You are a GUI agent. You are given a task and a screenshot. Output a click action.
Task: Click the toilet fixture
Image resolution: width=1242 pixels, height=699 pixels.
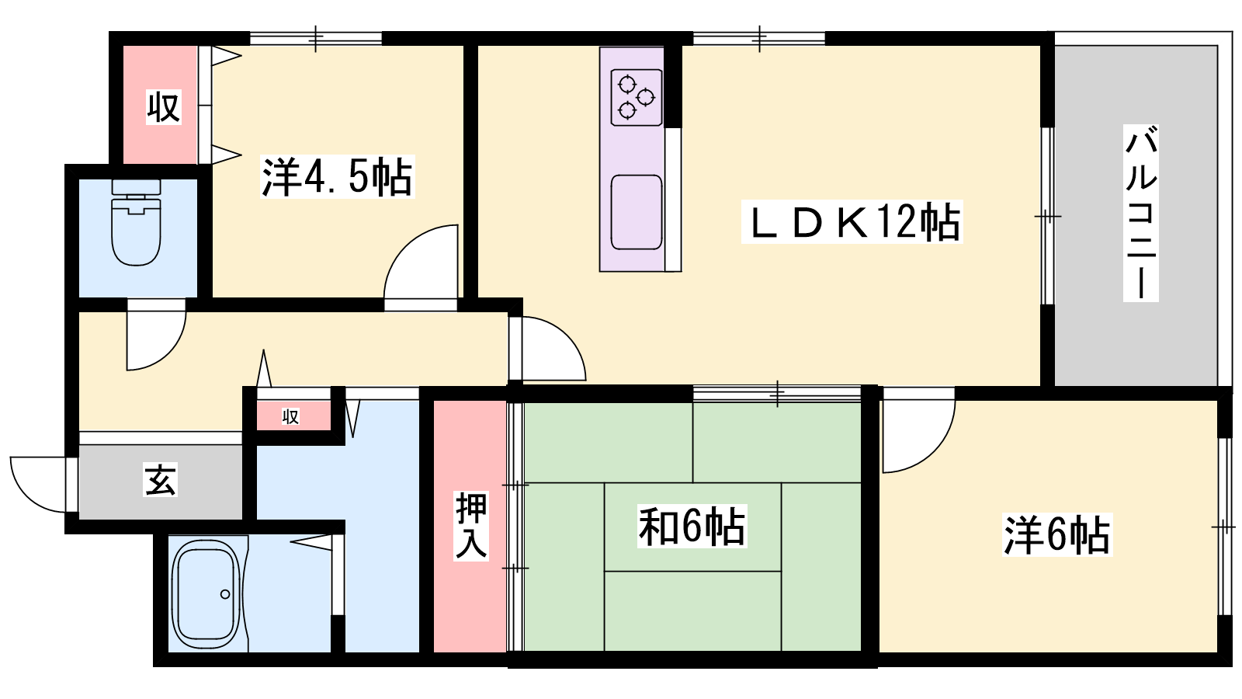coord(137,222)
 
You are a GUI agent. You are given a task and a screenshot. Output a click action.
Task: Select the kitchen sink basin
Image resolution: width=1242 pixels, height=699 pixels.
coord(636,213)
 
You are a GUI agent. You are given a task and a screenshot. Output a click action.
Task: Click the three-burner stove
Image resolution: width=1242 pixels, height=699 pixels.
coord(636,98)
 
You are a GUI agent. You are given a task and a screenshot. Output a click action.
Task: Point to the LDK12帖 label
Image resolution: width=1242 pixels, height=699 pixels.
coord(852,222)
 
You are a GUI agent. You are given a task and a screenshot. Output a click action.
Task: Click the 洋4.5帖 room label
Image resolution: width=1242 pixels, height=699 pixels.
coord(338,177)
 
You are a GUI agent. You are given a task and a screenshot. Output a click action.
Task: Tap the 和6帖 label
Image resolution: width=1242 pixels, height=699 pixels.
coord(692,526)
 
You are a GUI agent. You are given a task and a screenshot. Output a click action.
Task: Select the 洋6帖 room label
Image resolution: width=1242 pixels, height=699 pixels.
coord(1057,535)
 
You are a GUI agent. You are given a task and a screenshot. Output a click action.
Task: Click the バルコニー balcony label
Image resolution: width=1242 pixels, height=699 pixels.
coord(1140,213)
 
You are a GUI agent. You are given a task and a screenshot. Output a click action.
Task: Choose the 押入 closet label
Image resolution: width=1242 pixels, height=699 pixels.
coord(471,525)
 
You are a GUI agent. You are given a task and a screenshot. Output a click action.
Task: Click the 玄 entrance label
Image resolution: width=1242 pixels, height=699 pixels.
coord(160,479)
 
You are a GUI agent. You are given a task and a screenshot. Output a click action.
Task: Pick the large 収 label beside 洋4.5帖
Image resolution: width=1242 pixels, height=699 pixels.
coord(164,107)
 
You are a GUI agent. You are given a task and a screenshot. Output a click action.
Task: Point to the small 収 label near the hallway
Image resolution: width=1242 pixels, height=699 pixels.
coord(290,416)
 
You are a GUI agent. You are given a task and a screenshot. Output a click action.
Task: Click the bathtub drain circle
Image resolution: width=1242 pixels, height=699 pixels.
coord(225,594)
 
